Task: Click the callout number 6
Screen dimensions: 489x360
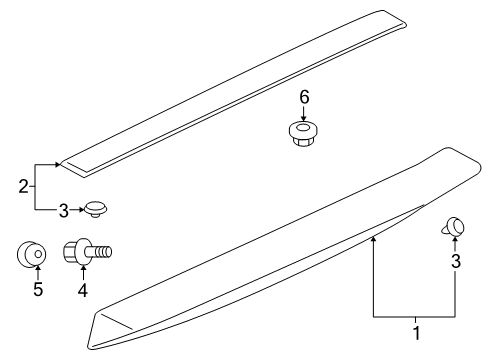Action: pos(304,97)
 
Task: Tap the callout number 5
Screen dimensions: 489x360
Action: pos(38,289)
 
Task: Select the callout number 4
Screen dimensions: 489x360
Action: pos(83,290)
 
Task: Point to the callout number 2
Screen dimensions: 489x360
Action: pos(23,187)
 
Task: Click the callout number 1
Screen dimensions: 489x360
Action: pos(416,333)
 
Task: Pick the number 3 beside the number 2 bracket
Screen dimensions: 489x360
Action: pos(63,211)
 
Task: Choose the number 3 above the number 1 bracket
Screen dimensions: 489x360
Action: pos(456,261)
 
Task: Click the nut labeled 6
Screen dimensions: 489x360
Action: pos(303,133)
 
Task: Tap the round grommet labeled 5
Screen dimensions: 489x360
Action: pos(32,254)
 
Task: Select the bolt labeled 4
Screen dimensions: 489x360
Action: pos(87,251)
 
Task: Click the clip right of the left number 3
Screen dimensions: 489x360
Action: pos(96,209)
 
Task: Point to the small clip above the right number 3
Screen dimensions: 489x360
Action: pos(453,226)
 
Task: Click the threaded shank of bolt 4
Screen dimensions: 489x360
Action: pos(100,251)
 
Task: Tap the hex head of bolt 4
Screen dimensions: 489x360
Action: pos(70,251)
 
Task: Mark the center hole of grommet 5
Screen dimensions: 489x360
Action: pos(38,254)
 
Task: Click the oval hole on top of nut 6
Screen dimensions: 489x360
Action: pos(303,127)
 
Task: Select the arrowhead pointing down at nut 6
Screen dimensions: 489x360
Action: pos(303,118)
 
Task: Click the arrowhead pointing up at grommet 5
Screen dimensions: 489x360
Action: pos(38,267)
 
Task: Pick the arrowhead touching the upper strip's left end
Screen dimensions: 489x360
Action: pos(58,164)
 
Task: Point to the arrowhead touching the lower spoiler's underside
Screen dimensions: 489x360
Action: pos(373,238)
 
